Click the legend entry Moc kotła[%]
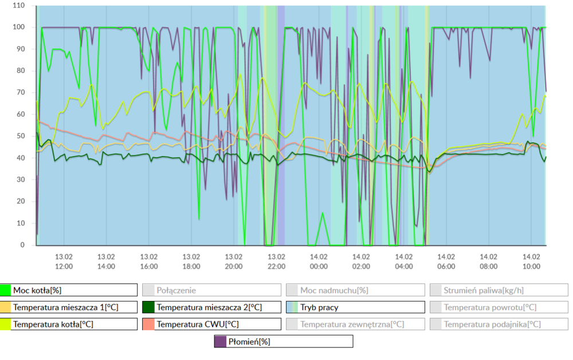[69, 290]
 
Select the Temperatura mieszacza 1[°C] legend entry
[69, 307]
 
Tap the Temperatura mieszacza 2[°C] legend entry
[212, 307]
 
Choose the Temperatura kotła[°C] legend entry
[69, 324]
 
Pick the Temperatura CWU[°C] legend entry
[212, 324]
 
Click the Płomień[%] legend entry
[284, 342]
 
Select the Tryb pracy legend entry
[355, 307]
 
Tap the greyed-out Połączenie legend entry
[212, 290]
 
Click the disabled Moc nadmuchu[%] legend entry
[355, 290]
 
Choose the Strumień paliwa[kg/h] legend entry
[499, 290]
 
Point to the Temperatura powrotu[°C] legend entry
[499, 307]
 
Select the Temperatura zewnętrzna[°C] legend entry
[355, 324]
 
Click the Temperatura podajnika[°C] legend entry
[499, 324]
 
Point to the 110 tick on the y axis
[19, 6]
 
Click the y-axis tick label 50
[21, 136]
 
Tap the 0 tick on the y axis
[23, 245]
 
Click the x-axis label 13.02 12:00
[64, 261]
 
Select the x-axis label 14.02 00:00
[319, 261]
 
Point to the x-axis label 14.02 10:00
[531, 261]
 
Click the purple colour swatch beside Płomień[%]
[221, 342]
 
